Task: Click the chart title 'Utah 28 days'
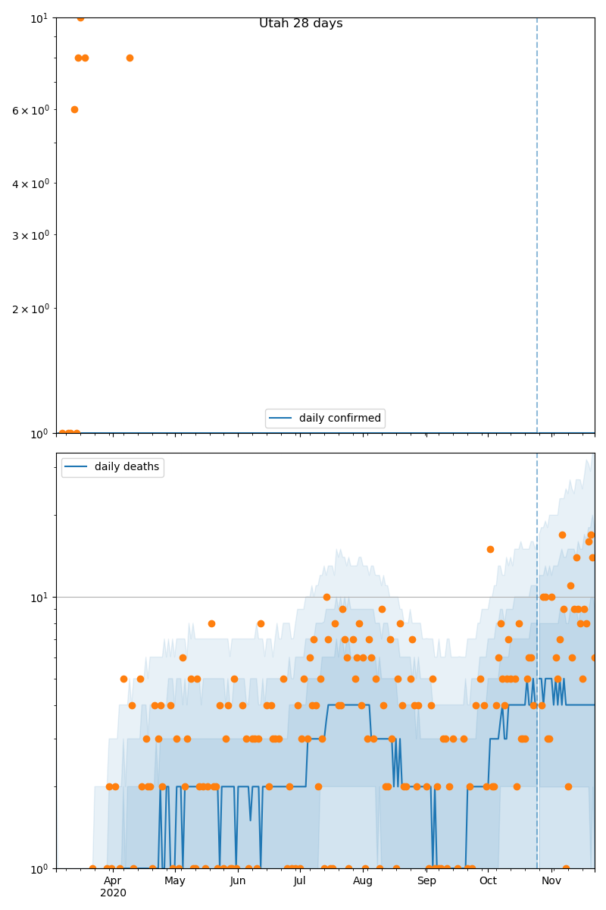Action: click(301, 24)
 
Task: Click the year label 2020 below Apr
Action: click(113, 893)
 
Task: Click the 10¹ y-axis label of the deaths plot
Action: click(39, 598)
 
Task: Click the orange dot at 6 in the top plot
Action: click(74, 109)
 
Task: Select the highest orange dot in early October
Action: click(490, 549)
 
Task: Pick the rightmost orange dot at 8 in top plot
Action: click(130, 58)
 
